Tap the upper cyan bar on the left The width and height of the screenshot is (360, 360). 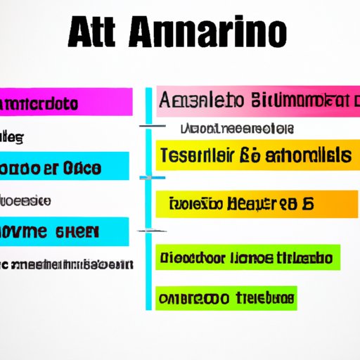[63, 169]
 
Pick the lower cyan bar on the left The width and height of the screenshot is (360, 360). [63, 232]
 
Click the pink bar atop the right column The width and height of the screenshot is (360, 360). [256, 101]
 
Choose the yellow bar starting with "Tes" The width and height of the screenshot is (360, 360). [253, 154]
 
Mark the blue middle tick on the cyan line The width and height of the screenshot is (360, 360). [148, 178]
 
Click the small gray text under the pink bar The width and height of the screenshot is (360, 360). [237, 129]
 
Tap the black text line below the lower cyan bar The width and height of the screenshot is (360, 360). [65, 264]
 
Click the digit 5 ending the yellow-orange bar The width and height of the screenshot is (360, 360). [307, 205]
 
